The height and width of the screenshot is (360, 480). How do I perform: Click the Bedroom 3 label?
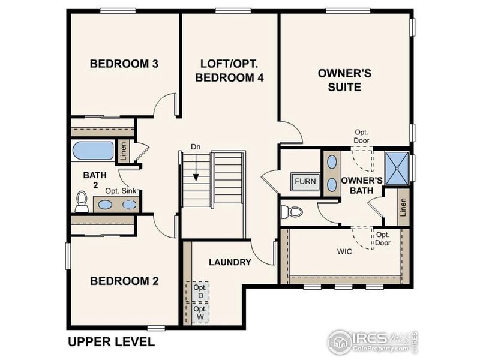click(x=124, y=64)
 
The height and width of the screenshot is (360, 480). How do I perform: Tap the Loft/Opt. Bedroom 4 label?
click(x=230, y=70)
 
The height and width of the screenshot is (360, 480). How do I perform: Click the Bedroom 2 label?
click(x=124, y=280)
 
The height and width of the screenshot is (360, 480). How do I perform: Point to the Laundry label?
click(x=230, y=262)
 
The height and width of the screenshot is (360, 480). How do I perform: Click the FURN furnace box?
click(x=305, y=181)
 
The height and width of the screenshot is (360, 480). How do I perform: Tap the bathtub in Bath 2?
click(x=93, y=151)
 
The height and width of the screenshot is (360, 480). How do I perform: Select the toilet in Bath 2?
click(x=82, y=202)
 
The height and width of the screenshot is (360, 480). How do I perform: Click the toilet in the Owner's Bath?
click(x=292, y=212)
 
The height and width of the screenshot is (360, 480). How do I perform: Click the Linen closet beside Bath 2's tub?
click(x=122, y=151)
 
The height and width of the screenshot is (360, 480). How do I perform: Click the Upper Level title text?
click(x=111, y=343)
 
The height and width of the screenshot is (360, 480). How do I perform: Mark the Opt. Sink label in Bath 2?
click(x=121, y=191)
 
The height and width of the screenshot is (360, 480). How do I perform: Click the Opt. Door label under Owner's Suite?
click(x=361, y=136)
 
